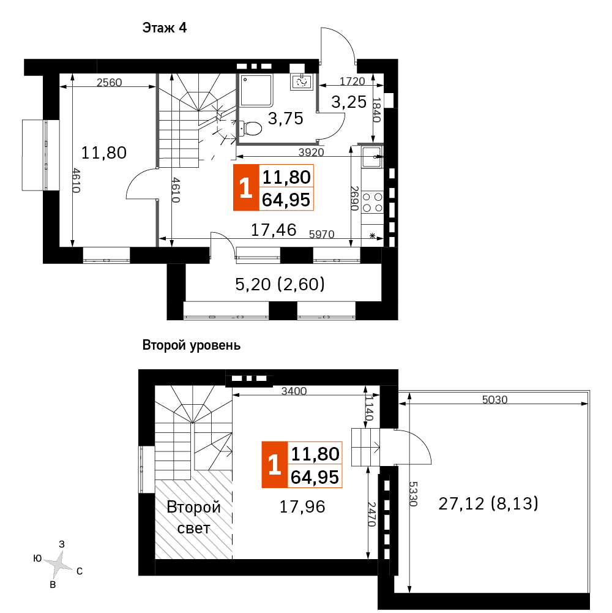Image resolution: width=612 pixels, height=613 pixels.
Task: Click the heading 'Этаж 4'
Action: pos(165,28)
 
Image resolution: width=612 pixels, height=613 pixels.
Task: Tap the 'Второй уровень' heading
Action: pos(192,345)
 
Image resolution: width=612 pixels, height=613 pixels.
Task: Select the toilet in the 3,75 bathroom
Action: pos(250,128)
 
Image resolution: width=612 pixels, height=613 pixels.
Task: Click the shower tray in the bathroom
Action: pos(256,91)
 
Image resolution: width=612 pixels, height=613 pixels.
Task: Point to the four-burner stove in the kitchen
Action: pos(373,203)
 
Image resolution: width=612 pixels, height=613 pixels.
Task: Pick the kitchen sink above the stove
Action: pos(371,157)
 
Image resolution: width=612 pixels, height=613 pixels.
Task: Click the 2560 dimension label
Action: pos(110,83)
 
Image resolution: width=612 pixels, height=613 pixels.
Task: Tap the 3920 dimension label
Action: pos(311,152)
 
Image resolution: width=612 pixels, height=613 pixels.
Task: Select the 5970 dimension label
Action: pos(322,234)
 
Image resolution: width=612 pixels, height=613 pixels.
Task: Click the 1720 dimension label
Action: pos(352,81)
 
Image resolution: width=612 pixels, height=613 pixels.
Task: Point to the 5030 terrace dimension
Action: pos(494,399)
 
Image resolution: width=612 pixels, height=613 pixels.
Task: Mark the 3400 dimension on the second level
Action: pos(294,391)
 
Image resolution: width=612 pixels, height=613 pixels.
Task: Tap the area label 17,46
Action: pos(274,230)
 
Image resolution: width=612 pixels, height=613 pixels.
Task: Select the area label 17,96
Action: pos(302,507)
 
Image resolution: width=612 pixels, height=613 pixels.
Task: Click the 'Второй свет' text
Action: pos(194,517)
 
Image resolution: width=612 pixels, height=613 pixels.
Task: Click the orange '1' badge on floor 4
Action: pos(246,187)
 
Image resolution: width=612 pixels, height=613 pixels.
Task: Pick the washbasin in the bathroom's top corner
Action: pos(301,81)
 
